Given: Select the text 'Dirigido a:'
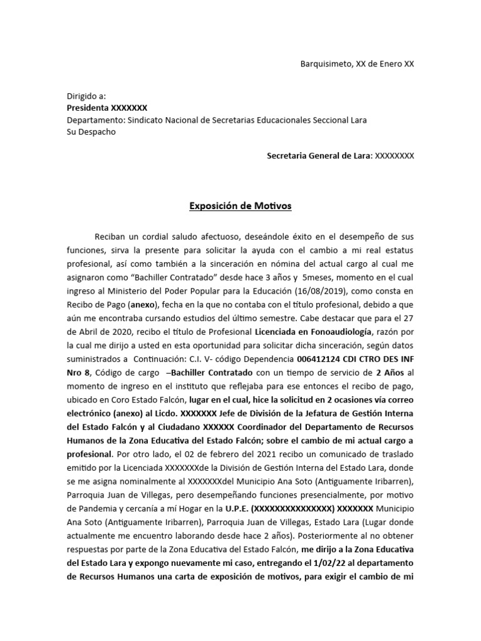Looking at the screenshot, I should pos(86,96).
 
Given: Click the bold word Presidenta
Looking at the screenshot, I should pos(88,108).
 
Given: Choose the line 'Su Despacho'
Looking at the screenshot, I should pos(91,132).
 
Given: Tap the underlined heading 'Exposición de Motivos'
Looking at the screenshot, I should pos(240,205).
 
